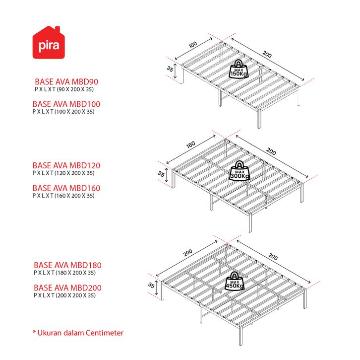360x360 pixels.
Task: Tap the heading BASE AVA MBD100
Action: coord(66,104)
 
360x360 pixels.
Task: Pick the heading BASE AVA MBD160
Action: coord(66,188)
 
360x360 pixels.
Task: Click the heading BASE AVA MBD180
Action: coord(67,265)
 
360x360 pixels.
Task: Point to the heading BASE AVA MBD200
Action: coord(67,288)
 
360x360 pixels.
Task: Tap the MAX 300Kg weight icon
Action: coord(240,171)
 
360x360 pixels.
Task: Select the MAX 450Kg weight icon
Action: coord(235,283)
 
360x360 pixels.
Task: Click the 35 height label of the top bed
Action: coord(171,70)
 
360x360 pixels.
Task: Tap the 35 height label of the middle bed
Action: coord(161,174)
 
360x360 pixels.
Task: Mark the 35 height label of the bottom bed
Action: coord(151,286)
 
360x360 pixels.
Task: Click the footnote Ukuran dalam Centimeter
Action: coord(78,333)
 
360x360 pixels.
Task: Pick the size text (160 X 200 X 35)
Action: coord(74,196)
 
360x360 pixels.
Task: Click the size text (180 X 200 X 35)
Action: coord(76,273)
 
